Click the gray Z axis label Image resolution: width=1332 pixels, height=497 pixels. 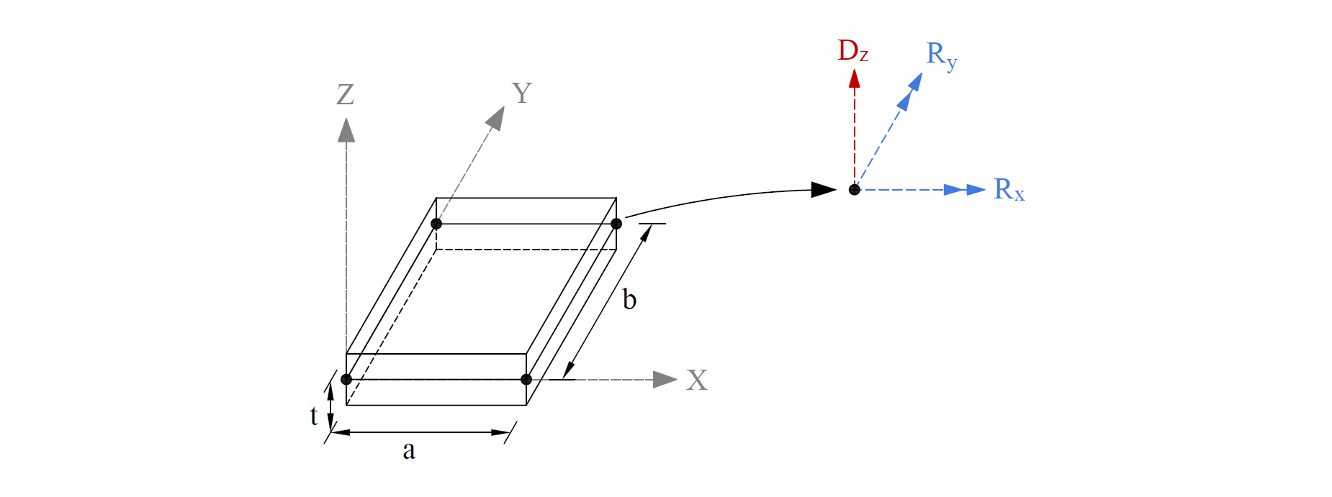(346, 94)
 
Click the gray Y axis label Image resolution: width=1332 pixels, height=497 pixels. (521, 93)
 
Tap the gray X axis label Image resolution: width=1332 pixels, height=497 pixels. (696, 380)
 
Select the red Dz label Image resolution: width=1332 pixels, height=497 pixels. (852, 51)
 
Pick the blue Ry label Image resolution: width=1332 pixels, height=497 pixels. (940, 55)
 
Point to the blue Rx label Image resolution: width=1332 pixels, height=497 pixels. (1008, 189)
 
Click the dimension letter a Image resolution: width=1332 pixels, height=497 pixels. (409, 450)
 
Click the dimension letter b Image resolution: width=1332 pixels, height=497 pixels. (629, 299)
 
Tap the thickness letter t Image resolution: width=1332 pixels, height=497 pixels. (314, 416)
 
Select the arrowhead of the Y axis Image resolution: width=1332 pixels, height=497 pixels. (495, 117)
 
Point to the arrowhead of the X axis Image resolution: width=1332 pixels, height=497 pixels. (665, 379)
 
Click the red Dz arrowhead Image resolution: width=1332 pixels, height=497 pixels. (854, 78)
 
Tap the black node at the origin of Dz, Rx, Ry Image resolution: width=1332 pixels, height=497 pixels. (854, 190)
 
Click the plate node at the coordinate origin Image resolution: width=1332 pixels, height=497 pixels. (346, 379)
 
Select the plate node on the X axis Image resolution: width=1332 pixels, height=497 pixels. (526, 379)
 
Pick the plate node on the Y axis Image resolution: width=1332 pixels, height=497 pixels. (436, 224)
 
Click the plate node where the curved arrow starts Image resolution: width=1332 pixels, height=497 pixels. (616, 224)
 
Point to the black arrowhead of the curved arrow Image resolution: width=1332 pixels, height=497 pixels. (824, 190)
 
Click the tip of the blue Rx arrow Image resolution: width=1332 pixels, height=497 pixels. (983, 190)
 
